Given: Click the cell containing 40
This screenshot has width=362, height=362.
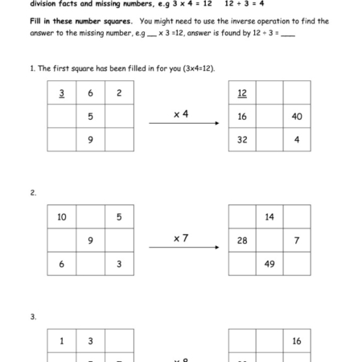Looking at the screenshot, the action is point(297,117).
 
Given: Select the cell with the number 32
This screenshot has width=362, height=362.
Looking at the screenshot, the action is point(242,140).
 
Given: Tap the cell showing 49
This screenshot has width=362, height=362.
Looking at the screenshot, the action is point(269,264).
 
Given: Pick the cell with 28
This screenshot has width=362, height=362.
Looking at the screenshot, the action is point(242,241).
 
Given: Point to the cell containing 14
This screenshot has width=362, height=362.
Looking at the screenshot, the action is point(269,217).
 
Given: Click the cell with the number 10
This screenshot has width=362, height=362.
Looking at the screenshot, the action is point(62,217).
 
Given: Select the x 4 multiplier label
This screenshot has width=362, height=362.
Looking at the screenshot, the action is point(181,114).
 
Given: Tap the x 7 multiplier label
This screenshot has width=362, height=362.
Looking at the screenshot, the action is point(181,238).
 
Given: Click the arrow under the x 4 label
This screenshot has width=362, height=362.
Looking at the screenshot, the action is point(184,124).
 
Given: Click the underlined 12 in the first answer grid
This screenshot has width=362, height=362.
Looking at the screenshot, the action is point(242,93).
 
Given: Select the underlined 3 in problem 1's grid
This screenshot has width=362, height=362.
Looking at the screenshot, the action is point(62,93).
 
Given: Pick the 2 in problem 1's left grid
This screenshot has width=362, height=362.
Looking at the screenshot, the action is point(118,93).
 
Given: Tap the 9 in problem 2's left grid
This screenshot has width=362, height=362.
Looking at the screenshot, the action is point(90,241).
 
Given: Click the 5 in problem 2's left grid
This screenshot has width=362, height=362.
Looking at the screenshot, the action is point(118,217).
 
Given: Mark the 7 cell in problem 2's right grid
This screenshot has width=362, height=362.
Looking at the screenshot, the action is point(297,241).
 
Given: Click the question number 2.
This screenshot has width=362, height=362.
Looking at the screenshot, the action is point(33,193).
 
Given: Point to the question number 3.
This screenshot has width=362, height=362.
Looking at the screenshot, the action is point(33,317).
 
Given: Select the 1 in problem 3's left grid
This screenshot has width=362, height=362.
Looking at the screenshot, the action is point(62,341).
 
